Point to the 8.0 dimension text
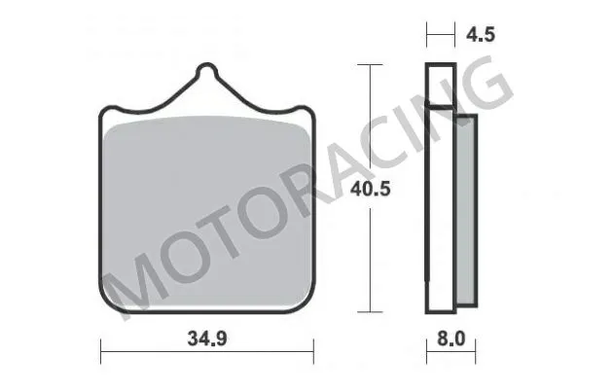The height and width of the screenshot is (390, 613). [x=453, y=341]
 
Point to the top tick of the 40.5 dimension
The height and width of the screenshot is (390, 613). [x=368, y=64]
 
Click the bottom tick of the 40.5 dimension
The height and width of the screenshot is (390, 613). [x=368, y=313]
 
